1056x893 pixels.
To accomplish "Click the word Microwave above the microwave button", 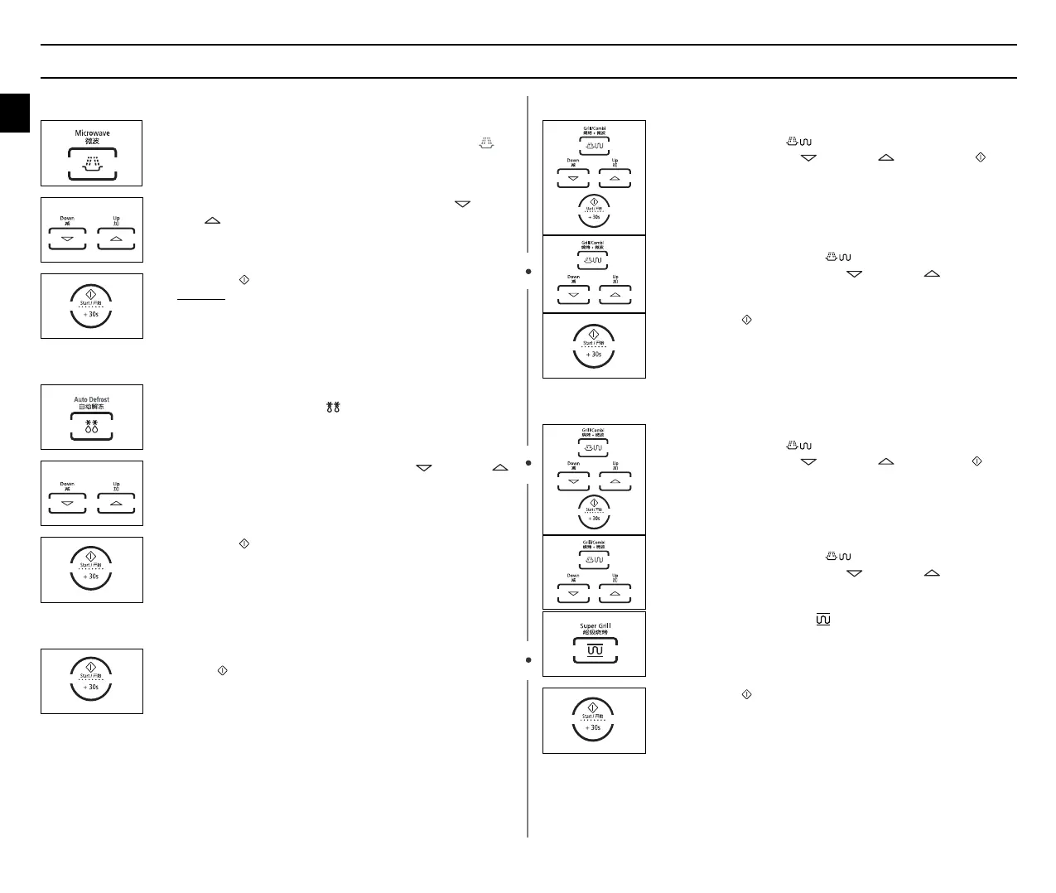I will pos(92,133).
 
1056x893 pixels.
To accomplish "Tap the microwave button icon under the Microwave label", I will pos(92,163).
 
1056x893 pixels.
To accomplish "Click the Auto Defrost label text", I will pos(91,399).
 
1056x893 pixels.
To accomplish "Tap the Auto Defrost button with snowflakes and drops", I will pos(91,428).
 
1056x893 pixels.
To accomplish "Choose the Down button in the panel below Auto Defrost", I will pos(67,503).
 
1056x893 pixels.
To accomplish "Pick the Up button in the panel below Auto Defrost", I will pos(116,503).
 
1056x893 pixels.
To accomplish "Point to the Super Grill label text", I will pos(595,625).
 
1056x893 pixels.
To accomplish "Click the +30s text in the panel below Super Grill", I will pos(593,728).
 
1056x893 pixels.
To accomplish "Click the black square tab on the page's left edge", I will pos(14,113).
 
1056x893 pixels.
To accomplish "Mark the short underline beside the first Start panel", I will pos(200,299).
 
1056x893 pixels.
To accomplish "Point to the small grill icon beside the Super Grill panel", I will pos(822,619).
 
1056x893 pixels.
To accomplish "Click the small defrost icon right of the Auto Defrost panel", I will pos(334,407).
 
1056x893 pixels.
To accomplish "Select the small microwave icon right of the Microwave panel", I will pos(486,143).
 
